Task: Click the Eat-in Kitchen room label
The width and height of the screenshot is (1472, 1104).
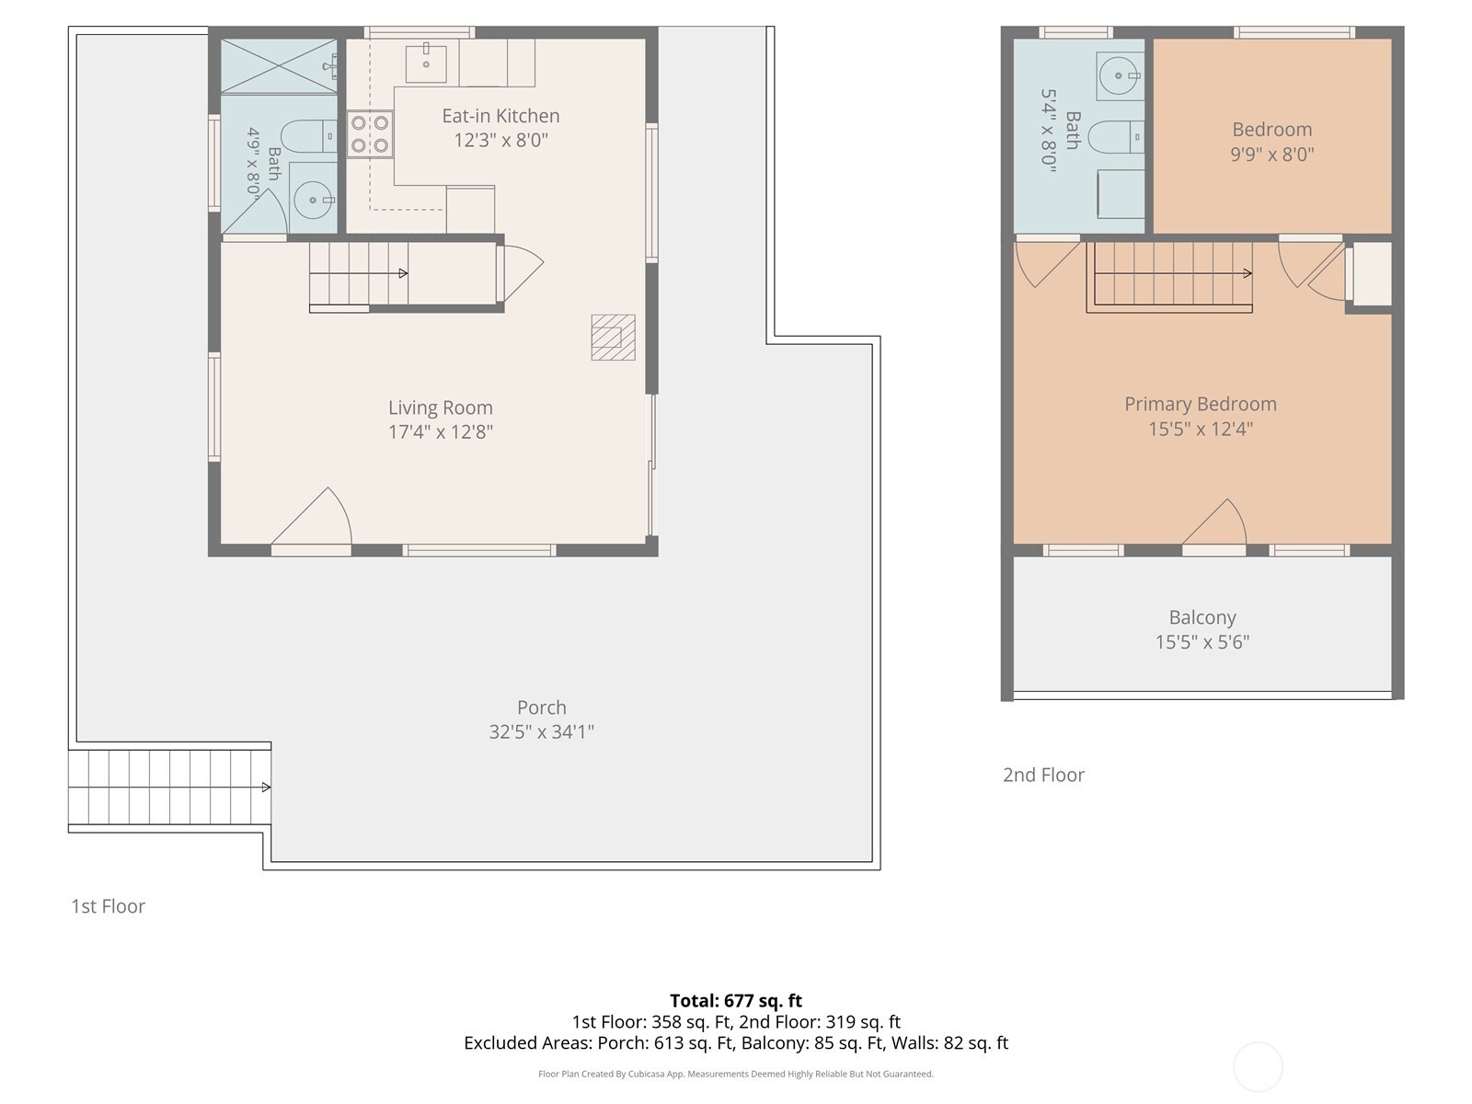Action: [x=500, y=116]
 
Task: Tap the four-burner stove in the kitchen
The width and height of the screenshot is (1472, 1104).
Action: [x=370, y=134]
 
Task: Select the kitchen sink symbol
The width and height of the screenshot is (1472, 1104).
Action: [x=426, y=63]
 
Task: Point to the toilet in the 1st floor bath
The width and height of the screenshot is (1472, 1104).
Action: [x=308, y=137]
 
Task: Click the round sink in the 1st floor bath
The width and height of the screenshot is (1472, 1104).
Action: [x=313, y=200]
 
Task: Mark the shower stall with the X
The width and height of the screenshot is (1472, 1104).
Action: [x=279, y=66]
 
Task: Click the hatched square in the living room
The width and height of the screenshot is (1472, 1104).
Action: [x=613, y=337]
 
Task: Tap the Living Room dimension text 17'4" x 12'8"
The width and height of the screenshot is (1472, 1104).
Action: [x=441, y=431]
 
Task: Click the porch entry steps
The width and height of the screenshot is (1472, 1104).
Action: [x=169, y=787]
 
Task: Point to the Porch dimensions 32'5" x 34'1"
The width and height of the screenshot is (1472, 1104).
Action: [x=541, y=732]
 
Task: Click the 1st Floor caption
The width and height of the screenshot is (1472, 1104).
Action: [x=108, y=906]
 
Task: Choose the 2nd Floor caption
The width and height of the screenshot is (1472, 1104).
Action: [x=1043, y=775]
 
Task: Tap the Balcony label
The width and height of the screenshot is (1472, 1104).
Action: [x=1202, y=617]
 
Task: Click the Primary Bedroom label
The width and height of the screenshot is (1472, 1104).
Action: [x=1201, y=404]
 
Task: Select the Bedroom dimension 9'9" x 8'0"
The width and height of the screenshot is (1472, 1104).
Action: [x=1271, y=155]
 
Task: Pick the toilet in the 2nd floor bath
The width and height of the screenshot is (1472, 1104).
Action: [x=1116, y=137]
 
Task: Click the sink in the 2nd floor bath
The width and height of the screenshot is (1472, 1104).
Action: [x=1120, y=75]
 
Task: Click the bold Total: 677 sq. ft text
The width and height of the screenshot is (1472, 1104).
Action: [x=736, y=1001]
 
